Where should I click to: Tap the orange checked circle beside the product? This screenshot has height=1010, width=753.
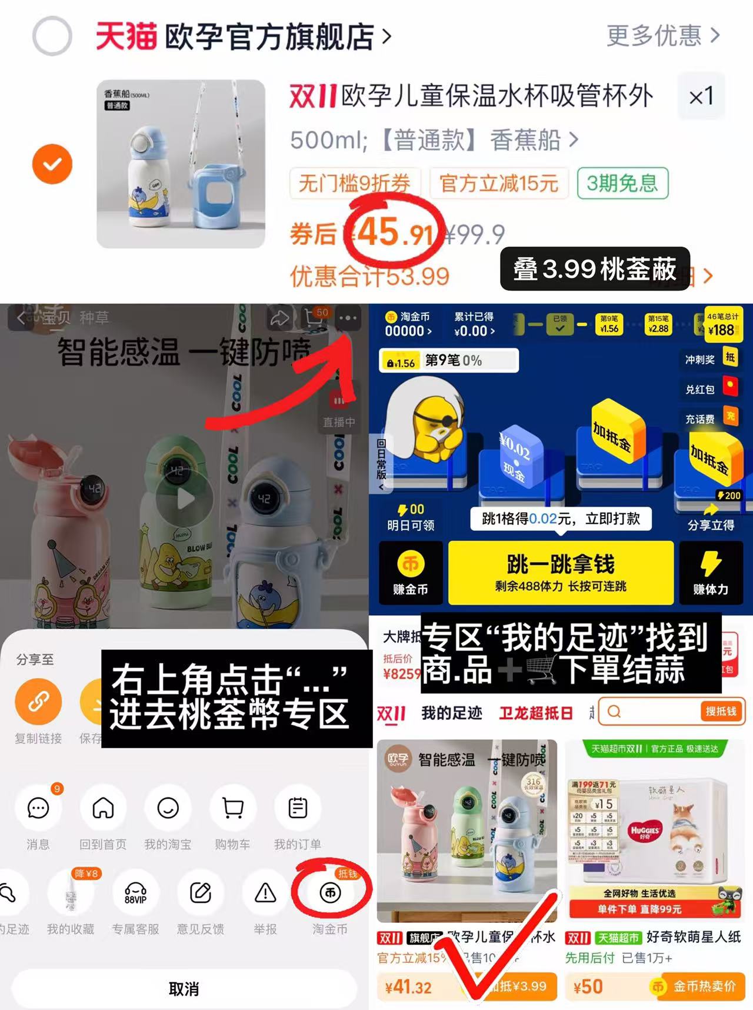pyautogui.click(x=52, y=164)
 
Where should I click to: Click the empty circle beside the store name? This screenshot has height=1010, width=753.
pyautogui.click(x=52, y=36)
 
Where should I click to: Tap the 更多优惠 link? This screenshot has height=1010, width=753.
pyautogui.click(x=662, y=36)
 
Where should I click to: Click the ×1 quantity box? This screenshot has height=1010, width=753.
pyautogui.click(x=701, y=96)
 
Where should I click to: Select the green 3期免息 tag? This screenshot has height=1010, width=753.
pyautogui.click(x=622, y=184)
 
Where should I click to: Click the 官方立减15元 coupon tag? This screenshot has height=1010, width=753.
pyautogui.click(x=499, y=184)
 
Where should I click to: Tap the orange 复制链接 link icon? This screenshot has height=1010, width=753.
pyautogui.click(x=38, y=702)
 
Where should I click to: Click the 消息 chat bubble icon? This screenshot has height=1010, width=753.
pyautogui.click(x=38, y=808)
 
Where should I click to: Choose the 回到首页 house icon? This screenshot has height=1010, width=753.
pyautogui.click(x=103, y=808)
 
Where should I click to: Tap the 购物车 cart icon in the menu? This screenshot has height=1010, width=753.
pyautogui.click(x=233, y=808)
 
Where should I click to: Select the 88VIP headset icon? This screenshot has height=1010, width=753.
pyautogui.click(x=135, y=893)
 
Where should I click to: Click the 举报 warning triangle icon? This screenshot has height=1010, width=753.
pyautogui.click(x=265, y=893)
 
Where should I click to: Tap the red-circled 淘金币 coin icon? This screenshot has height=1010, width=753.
pyautogui.click(x=330, y=893)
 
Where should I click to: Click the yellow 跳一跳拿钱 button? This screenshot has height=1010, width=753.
pyautogui.click(x=561, y=572)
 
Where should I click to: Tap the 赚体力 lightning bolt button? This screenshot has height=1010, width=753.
pyautogui.click(x=711, y=572)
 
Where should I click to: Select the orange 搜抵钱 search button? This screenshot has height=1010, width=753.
pyautogui.click(x=721, y=712)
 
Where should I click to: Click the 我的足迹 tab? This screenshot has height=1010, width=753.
pyautogui.click(x=452, y=713)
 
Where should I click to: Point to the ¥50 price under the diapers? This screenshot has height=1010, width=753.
pyautogui.click(x=588, y=986)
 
